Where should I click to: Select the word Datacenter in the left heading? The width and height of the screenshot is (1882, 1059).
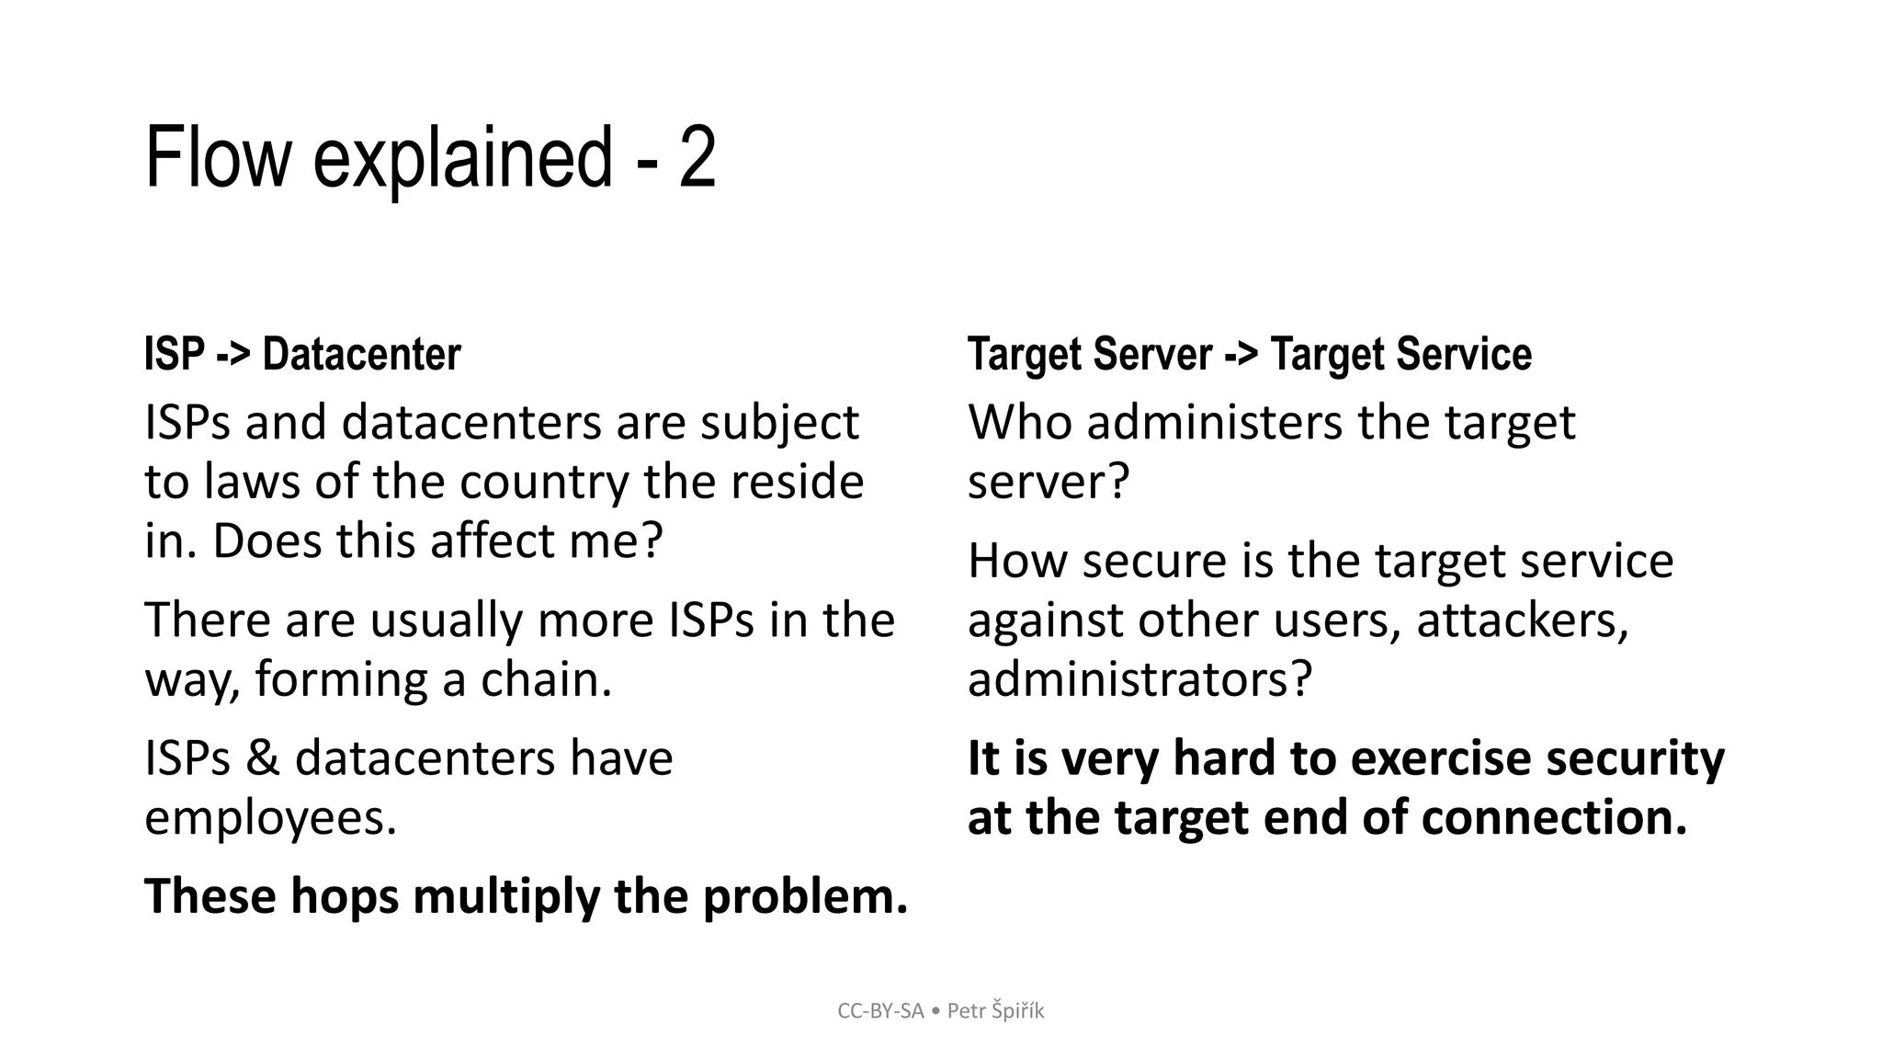(361, 354)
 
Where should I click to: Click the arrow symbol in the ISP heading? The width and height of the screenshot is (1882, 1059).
(233, 354)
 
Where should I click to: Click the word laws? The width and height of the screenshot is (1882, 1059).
(252, 482)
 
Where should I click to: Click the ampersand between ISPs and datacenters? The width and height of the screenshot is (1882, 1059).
(263, 758)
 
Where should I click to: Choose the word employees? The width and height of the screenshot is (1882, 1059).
(270, 817)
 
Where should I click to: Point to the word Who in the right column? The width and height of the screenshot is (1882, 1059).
(1021, 423)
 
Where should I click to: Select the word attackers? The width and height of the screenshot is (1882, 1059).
(1522, 621)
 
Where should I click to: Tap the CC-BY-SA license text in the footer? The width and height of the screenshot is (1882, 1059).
(880, 1011)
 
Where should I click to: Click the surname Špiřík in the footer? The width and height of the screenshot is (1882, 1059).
(1017, 1011)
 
